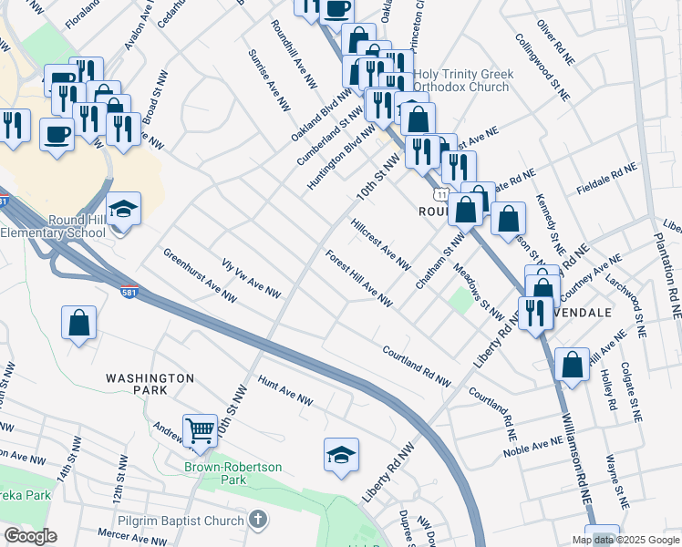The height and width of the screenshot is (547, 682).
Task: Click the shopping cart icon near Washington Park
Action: (x=200, y=429)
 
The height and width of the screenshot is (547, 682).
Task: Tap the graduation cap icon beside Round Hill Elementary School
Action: (x=123, y=209)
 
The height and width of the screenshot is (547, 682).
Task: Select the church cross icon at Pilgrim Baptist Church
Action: (x=258, y=520)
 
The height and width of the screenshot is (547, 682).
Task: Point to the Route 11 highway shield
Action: (x=440, y=196)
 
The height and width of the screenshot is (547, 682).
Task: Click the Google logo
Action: (x=30, y=536)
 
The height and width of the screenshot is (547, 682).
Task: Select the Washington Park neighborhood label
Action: (x=150, y=384)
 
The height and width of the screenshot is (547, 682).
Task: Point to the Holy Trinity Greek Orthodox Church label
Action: (x=463, y=81)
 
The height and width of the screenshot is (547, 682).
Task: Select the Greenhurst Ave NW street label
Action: (x=200, y=275)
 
